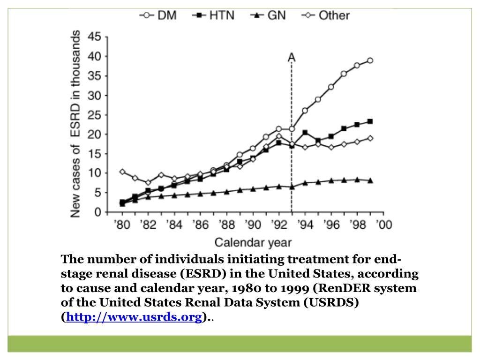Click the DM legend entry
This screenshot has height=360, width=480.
(x=157, y=15)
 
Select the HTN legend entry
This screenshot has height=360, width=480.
(x=213, y=15)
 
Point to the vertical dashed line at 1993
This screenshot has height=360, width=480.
(x=292, y=141)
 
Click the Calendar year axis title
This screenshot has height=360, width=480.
(x=253, y=242)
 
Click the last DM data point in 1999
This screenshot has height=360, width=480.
(x=370, y=60)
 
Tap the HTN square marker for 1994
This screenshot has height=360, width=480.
(x=305, y=133)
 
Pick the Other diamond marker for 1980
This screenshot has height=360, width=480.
(x=122, y=172)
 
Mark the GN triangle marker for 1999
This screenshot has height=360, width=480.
(x=370, y=180)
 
